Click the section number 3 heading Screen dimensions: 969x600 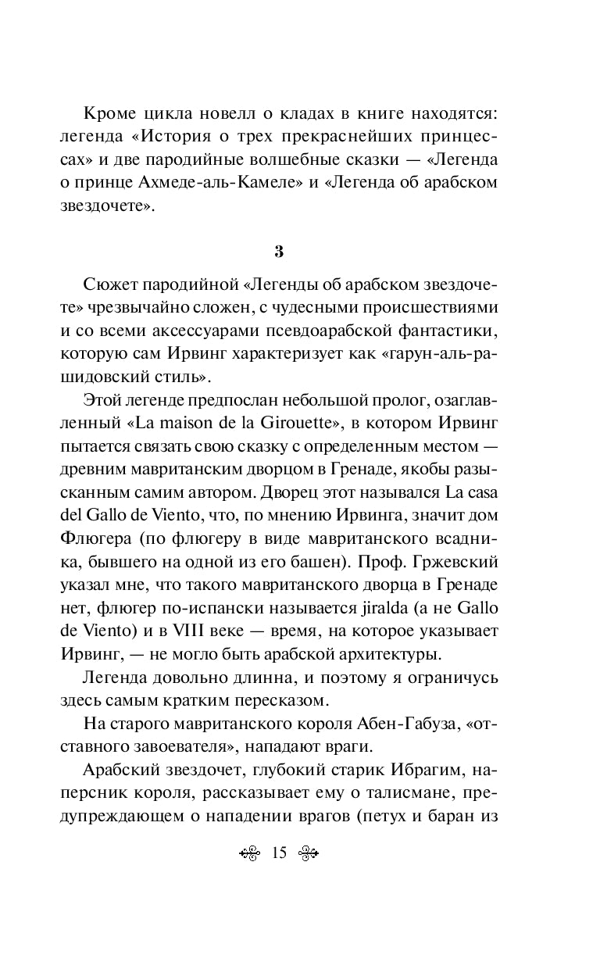(x=300, y=252)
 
